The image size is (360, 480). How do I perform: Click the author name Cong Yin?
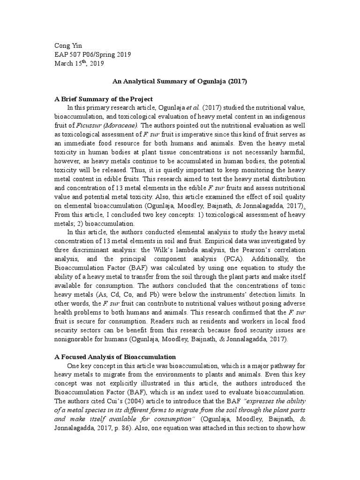[x=68, y=46]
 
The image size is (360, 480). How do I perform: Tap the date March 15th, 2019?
[x=79, y=63]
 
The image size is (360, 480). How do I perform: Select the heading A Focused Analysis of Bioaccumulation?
[x=115, y=358]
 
